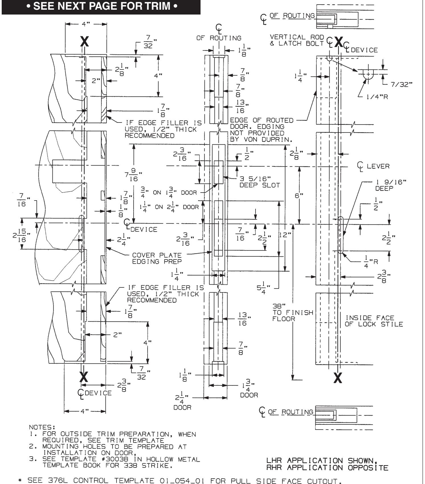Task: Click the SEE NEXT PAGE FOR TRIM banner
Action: [101, 6]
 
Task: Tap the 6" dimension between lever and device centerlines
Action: [299, 196]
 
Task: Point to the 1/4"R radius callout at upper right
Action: [377, 97]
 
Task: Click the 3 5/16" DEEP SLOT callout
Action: [259, 182]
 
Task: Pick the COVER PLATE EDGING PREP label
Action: [157, 258]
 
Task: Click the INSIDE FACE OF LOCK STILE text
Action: [373, 321]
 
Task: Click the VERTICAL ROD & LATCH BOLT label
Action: [297, 40]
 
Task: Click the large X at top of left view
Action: [84, 42]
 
